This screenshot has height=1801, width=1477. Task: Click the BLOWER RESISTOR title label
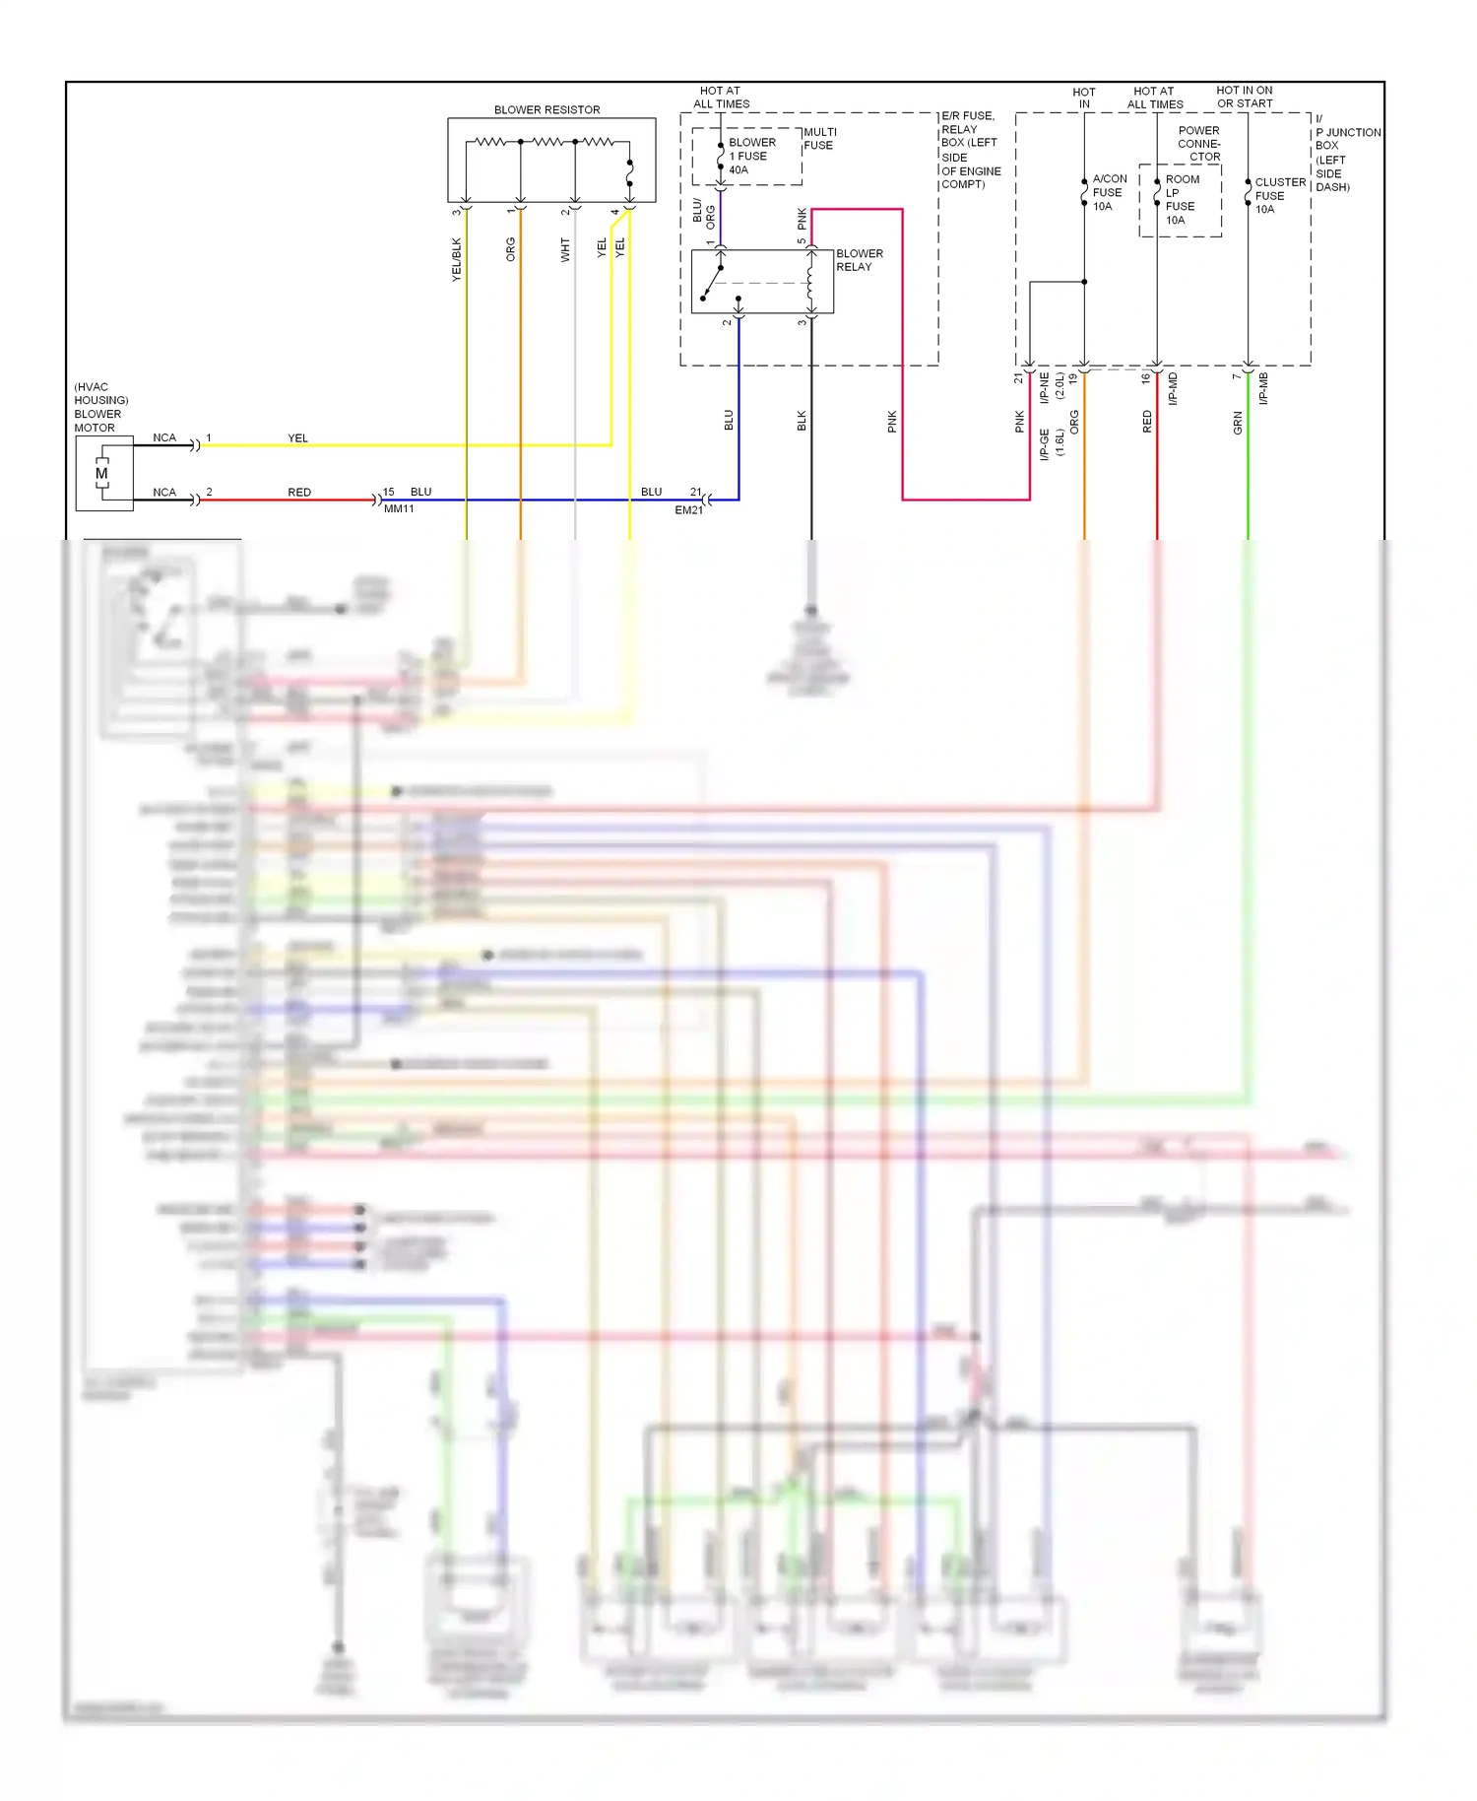[x=546, y=109]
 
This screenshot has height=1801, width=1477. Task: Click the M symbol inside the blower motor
[x=101, y=474]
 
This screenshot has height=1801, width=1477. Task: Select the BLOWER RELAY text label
[x=859, y=260]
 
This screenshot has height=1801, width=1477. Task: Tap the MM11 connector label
[x=399, y=509]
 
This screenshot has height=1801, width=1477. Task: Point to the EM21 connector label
[x=688, y=510]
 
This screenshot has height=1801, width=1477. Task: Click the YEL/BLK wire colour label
[x=456, y=260]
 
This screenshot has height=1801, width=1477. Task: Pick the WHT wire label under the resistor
[x=565, y=250]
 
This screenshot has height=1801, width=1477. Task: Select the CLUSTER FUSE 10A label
[x=1278, y=195]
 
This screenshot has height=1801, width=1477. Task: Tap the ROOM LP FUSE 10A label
[x=1181, y=200]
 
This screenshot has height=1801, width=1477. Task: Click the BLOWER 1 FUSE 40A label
[x=751, y=156]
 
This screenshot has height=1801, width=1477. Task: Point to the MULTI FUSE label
[x=819, y=139]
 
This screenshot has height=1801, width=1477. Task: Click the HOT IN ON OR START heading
[x=1244, y=97]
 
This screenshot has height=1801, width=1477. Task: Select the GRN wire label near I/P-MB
[x=1238, y=424]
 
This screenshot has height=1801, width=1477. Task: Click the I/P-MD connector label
[x=1173, y=389]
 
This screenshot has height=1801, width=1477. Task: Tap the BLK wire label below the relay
[x=802, y=421]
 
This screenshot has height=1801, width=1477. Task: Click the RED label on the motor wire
[x=299, y=492]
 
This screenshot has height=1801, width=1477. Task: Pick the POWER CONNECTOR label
[x=1198, y=144]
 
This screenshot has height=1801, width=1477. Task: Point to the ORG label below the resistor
[x=510, y=249]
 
